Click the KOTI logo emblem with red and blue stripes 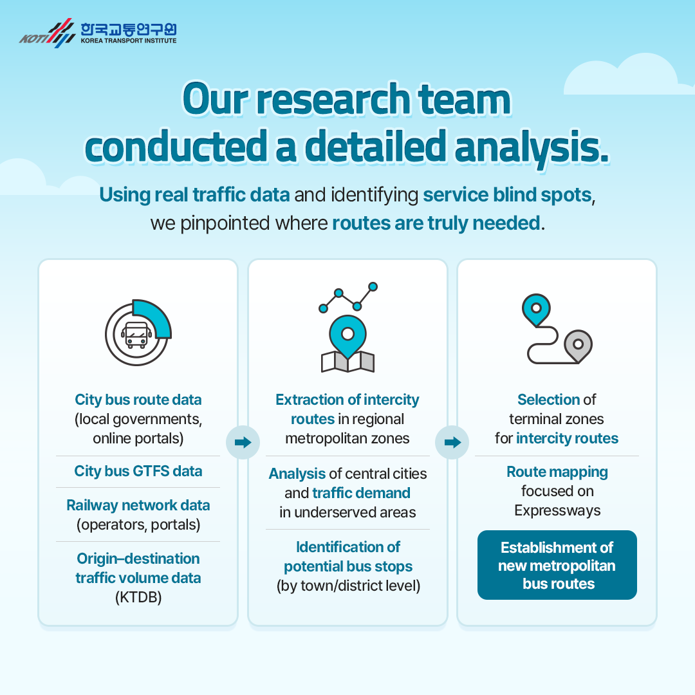click(47, 33)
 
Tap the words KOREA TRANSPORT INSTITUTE click(129, 41)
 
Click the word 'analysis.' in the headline click(532, 147)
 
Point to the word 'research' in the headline click(334, 99)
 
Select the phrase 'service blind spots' click(508, 194)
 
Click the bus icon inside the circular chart click(136, 335)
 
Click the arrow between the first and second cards click(243, 442)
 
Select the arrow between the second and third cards click(452, 442)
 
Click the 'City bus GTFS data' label click(138, 470)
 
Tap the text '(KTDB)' click(138, 597)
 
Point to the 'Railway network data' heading click(138, 505)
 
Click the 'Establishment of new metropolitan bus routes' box click(557, 565)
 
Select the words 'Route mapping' click(557, 472)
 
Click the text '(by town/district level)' click(348, 586)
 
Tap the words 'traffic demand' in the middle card click(361, 493)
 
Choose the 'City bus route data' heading click(138, 400)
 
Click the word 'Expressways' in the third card click(557, 510)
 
